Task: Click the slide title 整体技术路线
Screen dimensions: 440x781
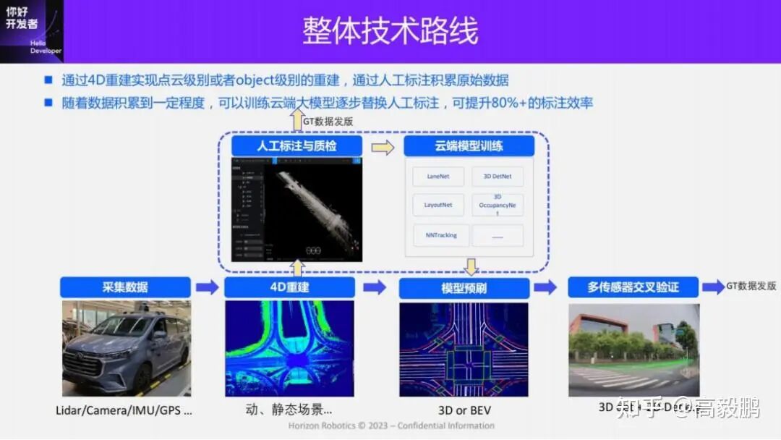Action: click(x=390, y=32)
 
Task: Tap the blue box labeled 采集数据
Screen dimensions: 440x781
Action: click(x=125, y=287)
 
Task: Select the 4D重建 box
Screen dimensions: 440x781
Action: click(x=289, y=287)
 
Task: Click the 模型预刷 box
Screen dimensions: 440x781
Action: click(x=464, y=288)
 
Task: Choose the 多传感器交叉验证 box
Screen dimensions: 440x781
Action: click(x=633, y=287)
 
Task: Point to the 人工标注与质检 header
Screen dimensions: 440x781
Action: click(x=296, y=146)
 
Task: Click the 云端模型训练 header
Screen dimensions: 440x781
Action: click(x=469, y=146)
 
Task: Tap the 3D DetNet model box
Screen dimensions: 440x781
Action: click(x=498, y=177)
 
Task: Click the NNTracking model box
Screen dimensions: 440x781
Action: click(x=441, y=235)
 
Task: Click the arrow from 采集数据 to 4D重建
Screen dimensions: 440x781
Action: click(x=208, y=287)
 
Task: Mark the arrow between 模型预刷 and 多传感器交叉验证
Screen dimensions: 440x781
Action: click(x=545, y=287)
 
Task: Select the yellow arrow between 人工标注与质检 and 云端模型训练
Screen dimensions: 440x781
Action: click(x=383, y=148)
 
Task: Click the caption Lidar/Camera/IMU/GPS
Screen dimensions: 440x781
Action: click(x=124, y=410)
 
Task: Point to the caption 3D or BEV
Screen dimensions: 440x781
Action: click(x=464, y=410)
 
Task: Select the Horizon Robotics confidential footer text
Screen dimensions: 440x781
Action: click(x=391, y=426)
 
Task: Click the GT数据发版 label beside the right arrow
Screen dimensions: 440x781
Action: click(x=751, y=287)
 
